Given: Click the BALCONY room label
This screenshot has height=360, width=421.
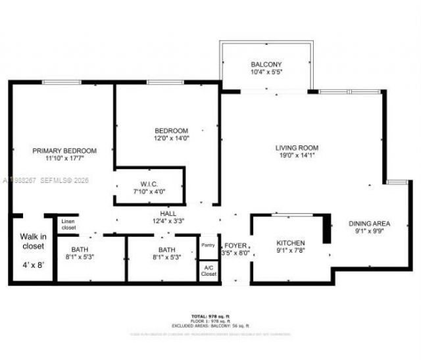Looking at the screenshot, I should coord(266,64).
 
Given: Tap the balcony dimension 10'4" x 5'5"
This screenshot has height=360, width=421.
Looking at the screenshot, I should coord(266,72).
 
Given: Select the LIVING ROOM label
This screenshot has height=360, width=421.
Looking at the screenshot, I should coord(297,147).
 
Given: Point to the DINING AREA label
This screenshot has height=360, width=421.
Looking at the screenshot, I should coord(369,223).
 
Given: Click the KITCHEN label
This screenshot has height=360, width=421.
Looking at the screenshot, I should coord(290,243).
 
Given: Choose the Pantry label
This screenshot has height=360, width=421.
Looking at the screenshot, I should coord(208,245).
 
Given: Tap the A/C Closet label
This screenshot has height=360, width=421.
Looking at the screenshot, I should coord(208,270).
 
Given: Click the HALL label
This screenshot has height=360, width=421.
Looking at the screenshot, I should coord(168,213).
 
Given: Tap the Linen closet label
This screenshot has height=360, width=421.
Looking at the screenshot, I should coord(69,224).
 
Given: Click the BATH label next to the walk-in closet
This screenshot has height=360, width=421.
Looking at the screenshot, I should coord(79,250).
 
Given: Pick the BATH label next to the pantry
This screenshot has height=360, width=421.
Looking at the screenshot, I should coord(167,250).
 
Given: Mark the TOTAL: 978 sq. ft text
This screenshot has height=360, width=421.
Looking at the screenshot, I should coord(210,317).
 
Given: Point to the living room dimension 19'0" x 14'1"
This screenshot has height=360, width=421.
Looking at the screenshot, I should coord(297,156).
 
